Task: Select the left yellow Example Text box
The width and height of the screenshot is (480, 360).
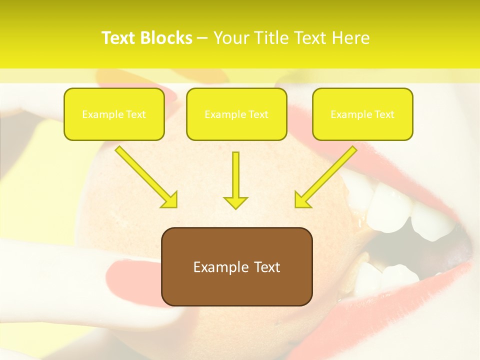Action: pyautogui.click(x=114, y=114)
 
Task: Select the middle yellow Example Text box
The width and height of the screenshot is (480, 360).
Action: pyautogui.click(x=236, y=114)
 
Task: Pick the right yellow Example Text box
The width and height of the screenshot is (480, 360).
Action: pyautogui.click(x=362, y=114)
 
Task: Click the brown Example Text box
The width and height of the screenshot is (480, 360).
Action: pyautogui.click(x=236, y=266)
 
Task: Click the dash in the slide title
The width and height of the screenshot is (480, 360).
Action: pyautogui.click(x=202, y=38)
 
